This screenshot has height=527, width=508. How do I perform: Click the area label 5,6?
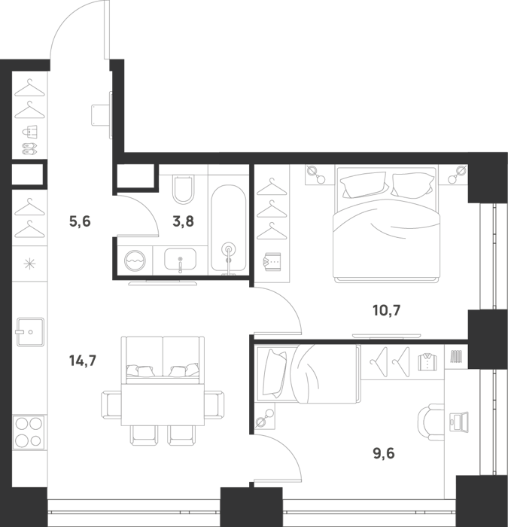click(80, 221)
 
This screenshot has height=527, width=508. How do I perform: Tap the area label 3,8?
click(183, 221)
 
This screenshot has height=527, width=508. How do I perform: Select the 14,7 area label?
click(83, 361)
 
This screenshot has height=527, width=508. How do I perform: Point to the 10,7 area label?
click(387, 310)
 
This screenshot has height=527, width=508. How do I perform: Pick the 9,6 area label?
click(384, 453)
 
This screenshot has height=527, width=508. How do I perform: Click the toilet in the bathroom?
click(184, 189)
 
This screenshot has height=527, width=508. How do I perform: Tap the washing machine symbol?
click(135, 260)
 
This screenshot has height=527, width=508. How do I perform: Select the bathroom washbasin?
click(180, 259)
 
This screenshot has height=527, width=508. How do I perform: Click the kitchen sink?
click(30, 332)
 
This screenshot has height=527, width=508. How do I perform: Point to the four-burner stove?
click(29, 432)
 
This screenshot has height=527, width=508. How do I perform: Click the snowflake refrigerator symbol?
click(29, 263)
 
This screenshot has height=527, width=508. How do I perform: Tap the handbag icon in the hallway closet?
click(29, 132)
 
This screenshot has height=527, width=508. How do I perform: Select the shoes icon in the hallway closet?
click(29, 149)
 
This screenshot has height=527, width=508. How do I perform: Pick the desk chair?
click(431, 422)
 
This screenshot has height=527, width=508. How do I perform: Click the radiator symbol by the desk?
click(456, 356)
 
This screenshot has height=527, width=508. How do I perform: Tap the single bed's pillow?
click(275, 373)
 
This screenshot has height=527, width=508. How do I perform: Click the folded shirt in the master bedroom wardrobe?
click(272, 262)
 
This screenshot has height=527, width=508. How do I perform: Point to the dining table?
click(163, 405)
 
